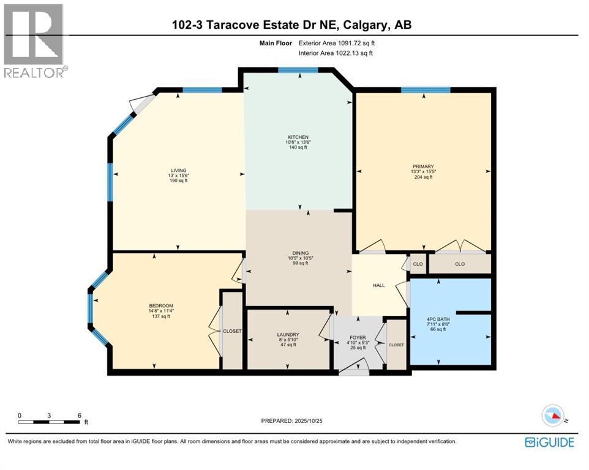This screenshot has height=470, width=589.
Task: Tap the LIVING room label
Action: click(x=179, y=170)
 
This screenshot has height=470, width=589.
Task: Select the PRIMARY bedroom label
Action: click(x=423, y=166)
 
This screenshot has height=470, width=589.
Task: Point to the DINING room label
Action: click(x=299, y=253)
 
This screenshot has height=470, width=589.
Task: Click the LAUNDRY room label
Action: click(x=287, y=334)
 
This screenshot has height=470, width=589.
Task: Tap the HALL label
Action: click(x=378, y=285)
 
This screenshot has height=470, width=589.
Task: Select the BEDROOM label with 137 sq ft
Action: click(x=162, y=306)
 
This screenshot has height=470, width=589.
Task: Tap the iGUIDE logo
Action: click(x=549, y=442)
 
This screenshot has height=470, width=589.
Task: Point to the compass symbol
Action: click(x=552, y=416)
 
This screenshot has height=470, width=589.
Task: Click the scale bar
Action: click(x=50, y=422)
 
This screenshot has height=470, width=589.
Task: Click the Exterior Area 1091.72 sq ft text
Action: click(x=335, y=43)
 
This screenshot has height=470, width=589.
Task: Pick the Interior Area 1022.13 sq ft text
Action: click(x=335, y=53)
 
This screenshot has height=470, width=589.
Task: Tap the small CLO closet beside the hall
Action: click(x=418, y=264)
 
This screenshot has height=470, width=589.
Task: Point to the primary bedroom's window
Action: click(x=426, y=91)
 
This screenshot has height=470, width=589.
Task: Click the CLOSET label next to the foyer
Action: click(x=396, y=345)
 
